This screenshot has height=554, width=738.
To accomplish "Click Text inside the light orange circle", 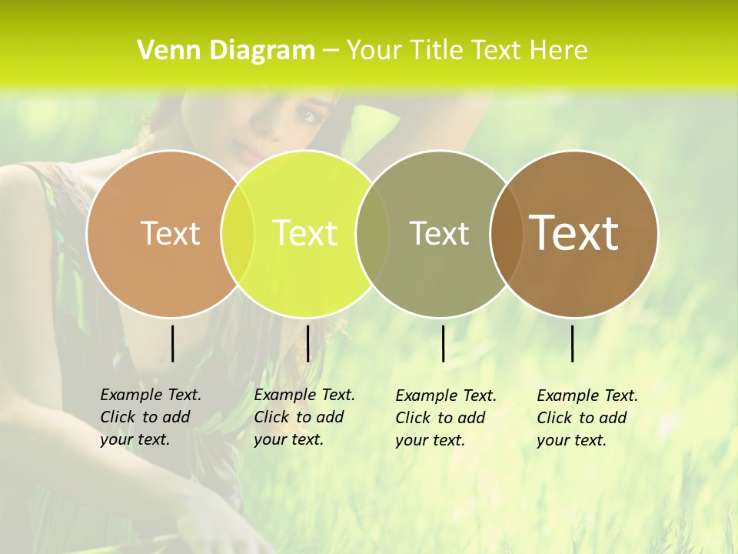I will [170, 233].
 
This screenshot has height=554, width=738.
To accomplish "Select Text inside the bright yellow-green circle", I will [304, 233].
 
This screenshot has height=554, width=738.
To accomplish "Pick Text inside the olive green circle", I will [439, 233].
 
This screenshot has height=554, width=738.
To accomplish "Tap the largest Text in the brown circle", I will [574, 233].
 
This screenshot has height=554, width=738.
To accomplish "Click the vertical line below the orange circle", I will [172, 343].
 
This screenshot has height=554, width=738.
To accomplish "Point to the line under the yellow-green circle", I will [307, 343].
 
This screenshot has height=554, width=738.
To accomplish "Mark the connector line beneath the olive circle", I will [443, 343].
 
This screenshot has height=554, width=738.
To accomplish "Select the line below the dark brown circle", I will [573, 343].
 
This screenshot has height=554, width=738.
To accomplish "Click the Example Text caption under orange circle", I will [150, 417].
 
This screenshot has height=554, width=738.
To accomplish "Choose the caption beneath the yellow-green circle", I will [304, 417].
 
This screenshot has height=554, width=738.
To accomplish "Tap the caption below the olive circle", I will [445, 418].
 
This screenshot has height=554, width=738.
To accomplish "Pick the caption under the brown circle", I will [587, 418].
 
